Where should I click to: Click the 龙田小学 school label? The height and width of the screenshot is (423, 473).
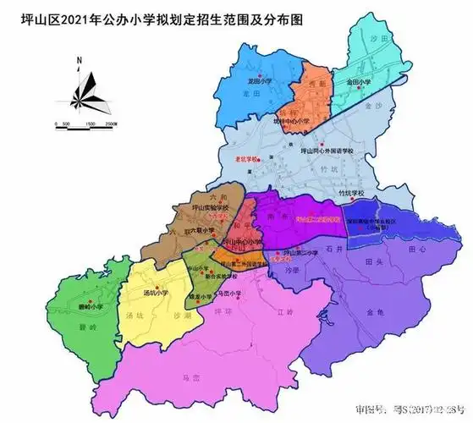tap(259, 80)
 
